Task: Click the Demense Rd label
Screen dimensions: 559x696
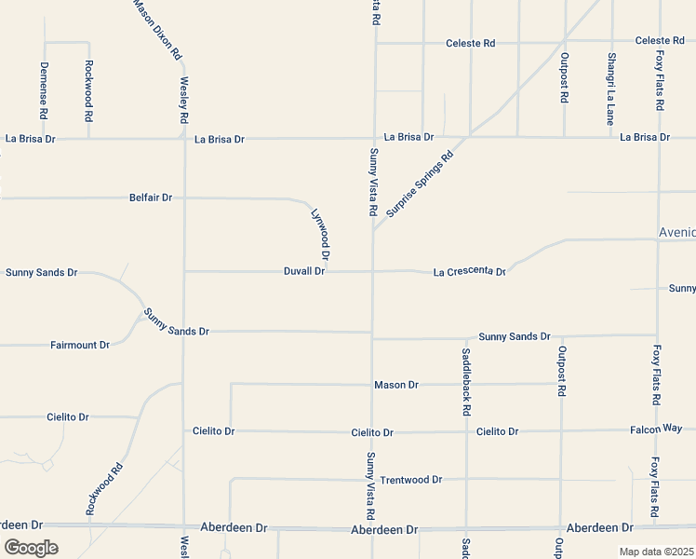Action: [x=44, y=89]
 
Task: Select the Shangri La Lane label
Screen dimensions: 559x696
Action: [x=611, y=89]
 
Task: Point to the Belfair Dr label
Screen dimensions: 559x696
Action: [x=151, y=198]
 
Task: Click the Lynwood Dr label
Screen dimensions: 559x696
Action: [x=320, y=234]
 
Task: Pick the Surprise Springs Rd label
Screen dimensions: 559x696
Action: [x=419, y=184]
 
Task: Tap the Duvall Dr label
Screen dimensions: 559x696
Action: [x=304, y=271]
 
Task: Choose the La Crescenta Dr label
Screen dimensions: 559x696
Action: [x=469, y=272]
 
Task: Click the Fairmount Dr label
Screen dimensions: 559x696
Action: [x=80, y=345]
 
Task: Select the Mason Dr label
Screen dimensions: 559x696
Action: [x=396, y=384]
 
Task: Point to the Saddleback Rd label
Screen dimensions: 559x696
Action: [x=466, y=382]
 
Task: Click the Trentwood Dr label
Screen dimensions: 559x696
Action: [x=410, y=480]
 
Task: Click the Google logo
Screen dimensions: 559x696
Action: [x=31, y=548]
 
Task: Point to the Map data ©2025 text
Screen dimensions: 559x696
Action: [x=656, y=552]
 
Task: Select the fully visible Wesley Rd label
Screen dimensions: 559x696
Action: [x=183, y=102]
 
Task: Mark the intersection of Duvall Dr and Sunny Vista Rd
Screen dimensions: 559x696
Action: [x=373, y=272]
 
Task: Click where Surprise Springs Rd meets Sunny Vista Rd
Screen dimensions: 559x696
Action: [x=373, y=228]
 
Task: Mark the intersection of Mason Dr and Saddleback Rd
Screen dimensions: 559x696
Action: [x=466, y=384]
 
